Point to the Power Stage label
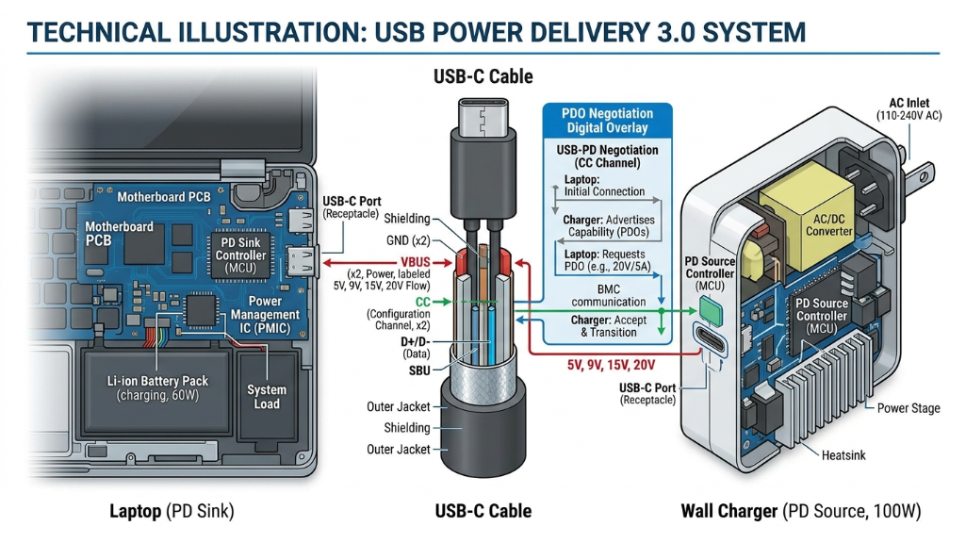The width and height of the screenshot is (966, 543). pyautogui.click(x=909, y=408)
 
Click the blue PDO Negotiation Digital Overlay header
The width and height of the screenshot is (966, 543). pyautogui.click(x=606, y=120)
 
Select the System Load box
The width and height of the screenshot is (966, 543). pyautogui.click(x=267, y=397)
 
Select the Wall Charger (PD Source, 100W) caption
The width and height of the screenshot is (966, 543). pyautogui.click(x=800, y=511)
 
